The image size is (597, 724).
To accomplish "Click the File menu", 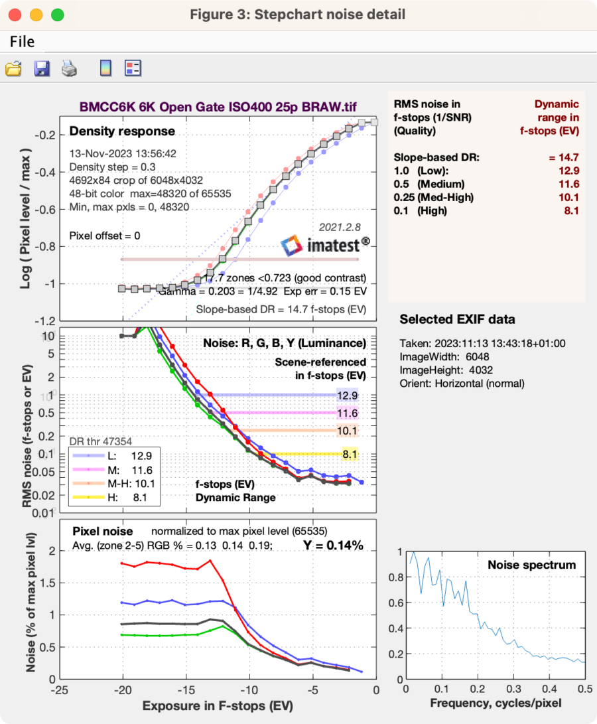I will [22, 42].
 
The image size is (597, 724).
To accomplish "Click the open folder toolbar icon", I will [13, 68].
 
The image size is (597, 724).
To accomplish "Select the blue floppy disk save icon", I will [42, 68].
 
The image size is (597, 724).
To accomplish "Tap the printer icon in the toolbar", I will [70, 68].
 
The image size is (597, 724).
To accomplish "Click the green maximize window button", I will [57, 14].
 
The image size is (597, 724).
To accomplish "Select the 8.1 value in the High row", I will [570, 211].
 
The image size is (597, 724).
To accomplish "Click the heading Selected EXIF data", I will [457, 319].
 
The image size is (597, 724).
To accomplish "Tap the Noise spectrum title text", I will [531, 565].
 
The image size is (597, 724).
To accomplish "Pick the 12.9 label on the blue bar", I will [348, 395].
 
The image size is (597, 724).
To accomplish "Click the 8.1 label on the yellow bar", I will [350, 455].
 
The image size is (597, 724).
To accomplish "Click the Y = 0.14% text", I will [333, 545].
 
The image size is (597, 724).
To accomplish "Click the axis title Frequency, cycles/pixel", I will [496, 702].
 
